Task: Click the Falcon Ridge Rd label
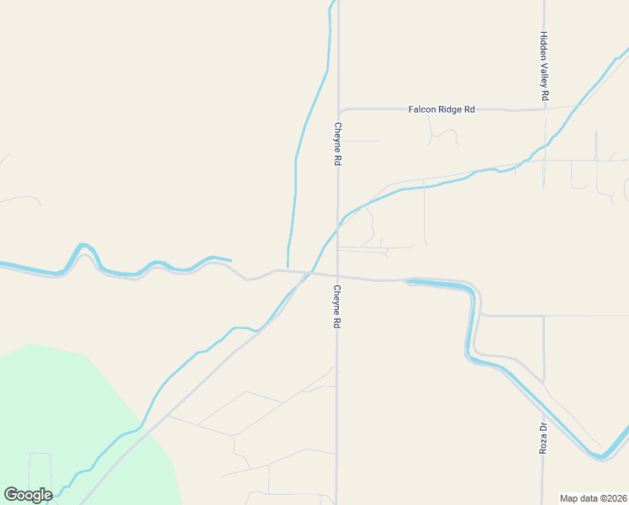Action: click(x=441, y=109)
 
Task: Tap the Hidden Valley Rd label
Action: click(x=544, y=67)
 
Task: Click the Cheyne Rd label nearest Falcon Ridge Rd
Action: click(x=337, y=144)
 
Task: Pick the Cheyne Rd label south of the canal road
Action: click(x=337, y=306)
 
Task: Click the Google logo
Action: click(x=28, y=495)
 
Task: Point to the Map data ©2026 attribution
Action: click(x=594, y=498)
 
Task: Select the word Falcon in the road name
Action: click(x=422, y=109)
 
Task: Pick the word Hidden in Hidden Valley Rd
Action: click(x=544, y=45)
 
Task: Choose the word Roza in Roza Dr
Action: click(x=543, y=444)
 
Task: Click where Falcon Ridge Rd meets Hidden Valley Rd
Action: click(x=544, y=109)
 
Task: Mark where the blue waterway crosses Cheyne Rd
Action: click(x=338, y=226)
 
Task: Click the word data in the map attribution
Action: click(x=586, y=498)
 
